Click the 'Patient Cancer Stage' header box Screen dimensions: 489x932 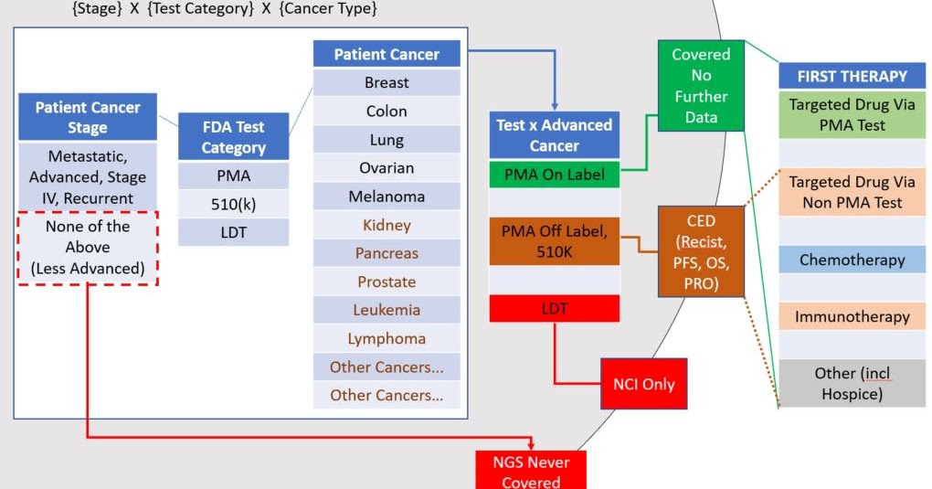pos(88,117)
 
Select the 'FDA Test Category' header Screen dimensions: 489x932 pos(233,136)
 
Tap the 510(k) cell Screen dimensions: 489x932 pos(233,203)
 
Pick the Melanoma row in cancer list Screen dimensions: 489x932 pos(387,197)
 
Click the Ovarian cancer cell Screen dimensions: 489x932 pos(387,168)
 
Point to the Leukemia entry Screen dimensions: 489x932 pos(387,310)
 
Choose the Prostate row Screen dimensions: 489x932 pos(387,282)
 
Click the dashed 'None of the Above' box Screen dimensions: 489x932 pos(88,247)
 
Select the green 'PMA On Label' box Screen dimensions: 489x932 pos(555,174)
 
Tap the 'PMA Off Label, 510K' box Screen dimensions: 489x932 pos(555,241)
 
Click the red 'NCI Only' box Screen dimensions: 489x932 pos(643,383)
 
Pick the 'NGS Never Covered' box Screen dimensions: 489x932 pos(531,470)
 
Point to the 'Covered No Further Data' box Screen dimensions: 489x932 pos(701,86)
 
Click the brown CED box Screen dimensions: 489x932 pos(701,250)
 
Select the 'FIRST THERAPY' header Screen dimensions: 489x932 pos(852,76)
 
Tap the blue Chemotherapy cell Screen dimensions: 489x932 pos(852,260)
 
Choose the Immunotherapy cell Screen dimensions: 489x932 pos(852,317)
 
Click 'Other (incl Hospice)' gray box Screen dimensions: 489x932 pos(852,384)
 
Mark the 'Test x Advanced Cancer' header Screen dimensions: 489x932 pos(555,134)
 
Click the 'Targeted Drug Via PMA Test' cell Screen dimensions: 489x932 pos(852,115)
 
